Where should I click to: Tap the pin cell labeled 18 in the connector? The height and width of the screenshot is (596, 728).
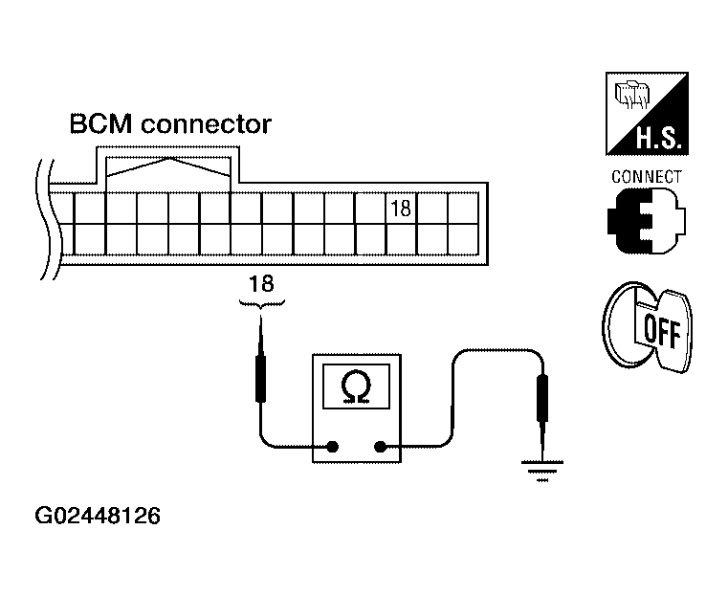[401, 208]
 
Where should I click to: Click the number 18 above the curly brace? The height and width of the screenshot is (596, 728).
[260, 284]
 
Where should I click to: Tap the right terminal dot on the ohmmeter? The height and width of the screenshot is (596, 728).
[382, 446]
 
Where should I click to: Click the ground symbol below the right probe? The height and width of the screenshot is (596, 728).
[542, 470]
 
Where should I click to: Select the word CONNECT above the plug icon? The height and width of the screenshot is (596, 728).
[647, 177]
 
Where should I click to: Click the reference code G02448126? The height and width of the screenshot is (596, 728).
[98, 517]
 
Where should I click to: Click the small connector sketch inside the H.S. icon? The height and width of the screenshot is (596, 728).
[632, 97]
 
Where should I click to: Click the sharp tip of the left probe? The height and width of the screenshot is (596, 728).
[261, 320]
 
